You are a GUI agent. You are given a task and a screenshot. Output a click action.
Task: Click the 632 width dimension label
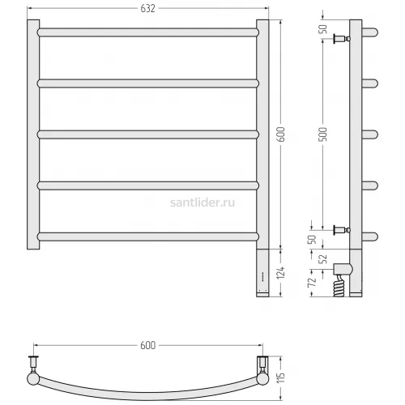pyautogui.click(x=147, y=9)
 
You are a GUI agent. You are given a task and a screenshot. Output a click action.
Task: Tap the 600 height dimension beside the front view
pyautogui.click(x=281, y=134)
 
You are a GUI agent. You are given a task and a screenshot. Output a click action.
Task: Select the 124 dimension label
pyautogui.click(x=281, y=273)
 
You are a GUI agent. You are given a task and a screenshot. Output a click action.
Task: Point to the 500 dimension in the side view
pyautogui.click(x=322, y=134)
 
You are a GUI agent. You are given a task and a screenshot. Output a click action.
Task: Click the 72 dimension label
pyautogui.click(x=312, y=282)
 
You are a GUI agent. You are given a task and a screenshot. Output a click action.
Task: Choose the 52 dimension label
pyautogui.click(x=322, y=259)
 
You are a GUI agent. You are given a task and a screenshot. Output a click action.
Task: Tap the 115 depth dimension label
pyautogui.click(x=281, y=377)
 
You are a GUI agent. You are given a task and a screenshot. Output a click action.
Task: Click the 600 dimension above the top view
pyautogui.click(x=147, y=345)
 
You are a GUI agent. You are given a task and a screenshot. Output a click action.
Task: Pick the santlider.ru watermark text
pyautogui.click(x=202, y=202)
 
